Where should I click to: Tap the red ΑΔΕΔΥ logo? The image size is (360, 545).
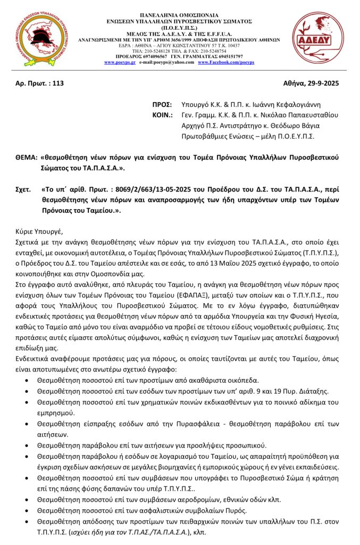[x=317, y=38]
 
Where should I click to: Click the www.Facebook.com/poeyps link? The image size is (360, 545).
[x=225, y=62]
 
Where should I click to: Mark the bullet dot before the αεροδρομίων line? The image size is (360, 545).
[x=28, y=499]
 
